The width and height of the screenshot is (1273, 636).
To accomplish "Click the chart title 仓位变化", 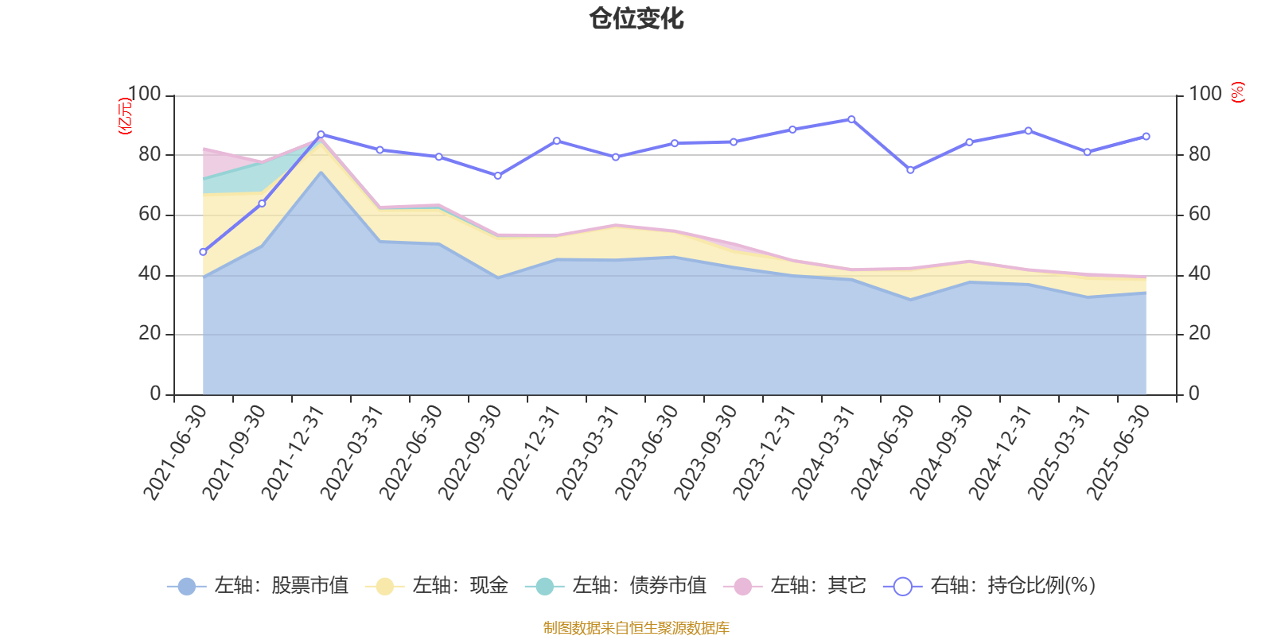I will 636,18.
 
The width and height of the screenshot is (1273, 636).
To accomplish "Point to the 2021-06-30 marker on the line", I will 203,252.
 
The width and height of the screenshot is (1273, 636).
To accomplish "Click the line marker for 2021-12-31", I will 321,134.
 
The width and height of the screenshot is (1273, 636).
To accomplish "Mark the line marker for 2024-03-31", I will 851,119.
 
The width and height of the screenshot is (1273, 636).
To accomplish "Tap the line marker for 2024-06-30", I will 910,170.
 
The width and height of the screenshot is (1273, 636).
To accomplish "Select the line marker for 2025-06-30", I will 1146,137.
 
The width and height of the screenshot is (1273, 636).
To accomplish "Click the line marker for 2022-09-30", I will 498,176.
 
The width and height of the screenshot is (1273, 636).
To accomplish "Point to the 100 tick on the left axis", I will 145,95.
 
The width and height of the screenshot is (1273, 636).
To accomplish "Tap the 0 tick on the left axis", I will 155,394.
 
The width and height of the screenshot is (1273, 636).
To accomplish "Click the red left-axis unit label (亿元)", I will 125,116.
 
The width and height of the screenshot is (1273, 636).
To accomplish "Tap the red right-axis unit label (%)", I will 1238,92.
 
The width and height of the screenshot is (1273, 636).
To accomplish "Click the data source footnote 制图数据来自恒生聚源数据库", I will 636,628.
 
